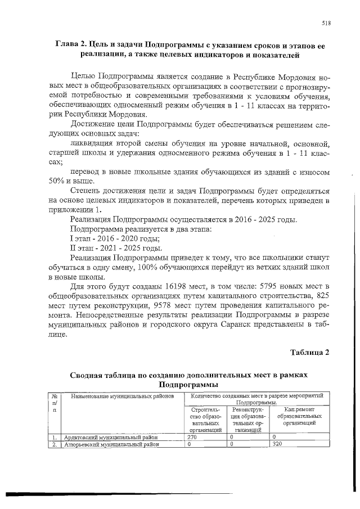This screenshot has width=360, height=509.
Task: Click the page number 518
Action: click(326, 23)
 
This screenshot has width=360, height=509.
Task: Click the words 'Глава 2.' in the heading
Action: click(74, 44)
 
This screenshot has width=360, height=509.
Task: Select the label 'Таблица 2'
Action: click(309, 353)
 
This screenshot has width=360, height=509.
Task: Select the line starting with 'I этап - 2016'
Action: click(105, 238)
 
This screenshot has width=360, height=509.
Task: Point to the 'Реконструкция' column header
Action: click(249, 419)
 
